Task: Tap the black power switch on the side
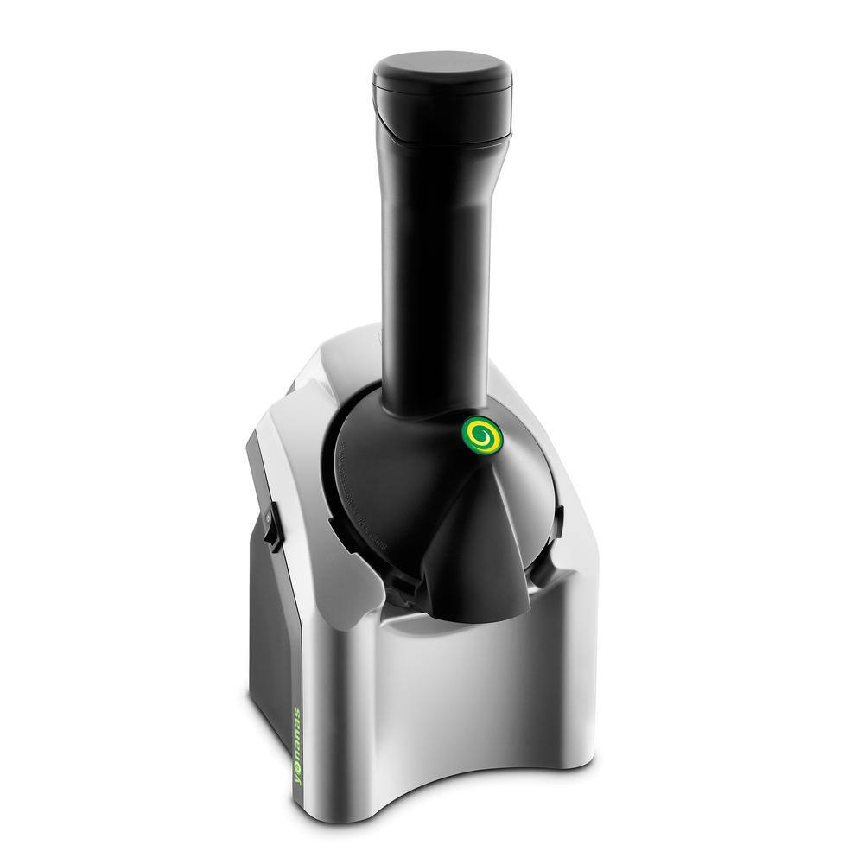(269, 524)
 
